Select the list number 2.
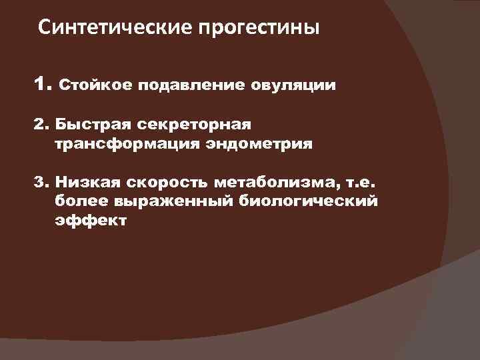coord(41,125)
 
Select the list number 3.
coord(41,181)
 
